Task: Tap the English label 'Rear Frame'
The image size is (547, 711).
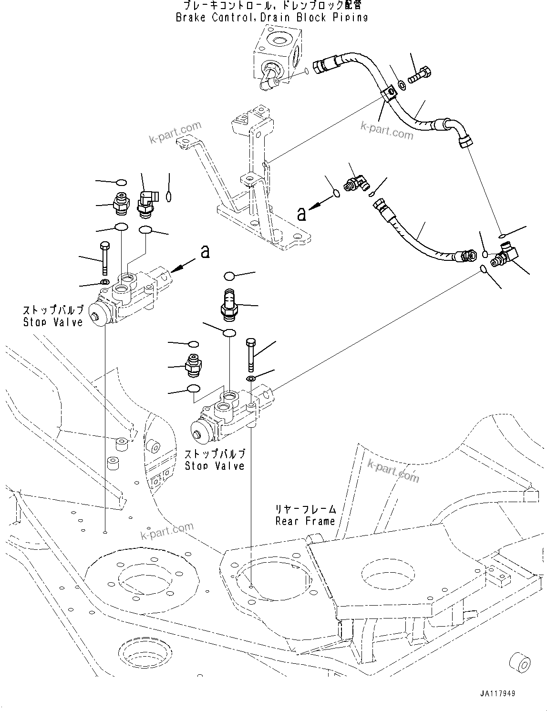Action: [x=305, y=521]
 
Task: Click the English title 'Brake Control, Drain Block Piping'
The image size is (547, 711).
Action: [x=272, y=18]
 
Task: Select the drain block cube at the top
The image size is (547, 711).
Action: [x=277, y=52]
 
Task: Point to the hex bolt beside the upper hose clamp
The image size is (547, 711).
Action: [x=421, y=74]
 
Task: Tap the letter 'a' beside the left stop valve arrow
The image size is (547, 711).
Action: [x=205, y=251]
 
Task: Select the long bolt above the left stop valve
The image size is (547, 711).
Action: [x=105, y=258]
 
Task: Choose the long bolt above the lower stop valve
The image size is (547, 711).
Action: [x=251, y=354]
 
